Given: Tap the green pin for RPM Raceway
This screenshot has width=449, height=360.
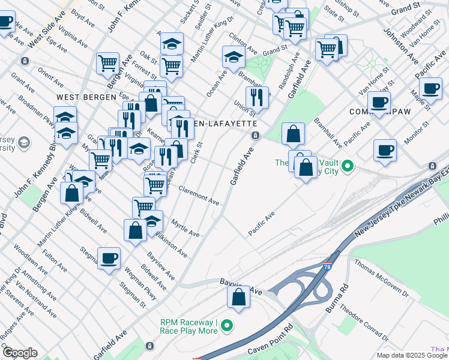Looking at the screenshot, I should [x=226, y=326].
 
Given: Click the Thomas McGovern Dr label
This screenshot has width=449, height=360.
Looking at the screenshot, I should [x=381, y=278].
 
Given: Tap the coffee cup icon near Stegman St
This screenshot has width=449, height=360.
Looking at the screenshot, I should [x=109, y=259].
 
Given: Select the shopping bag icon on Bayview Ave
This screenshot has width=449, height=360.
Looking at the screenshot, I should [x=238, y=296].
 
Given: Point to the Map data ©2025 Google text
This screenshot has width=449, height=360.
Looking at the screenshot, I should [x=412, y=355].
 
